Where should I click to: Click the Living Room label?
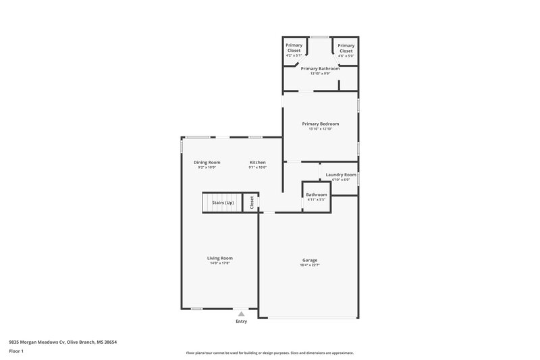(x=220, y=258)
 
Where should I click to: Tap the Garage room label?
(x=310, y=260)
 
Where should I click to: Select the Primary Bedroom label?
(x=320, y=124)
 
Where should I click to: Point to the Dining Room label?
(x=207, y=162)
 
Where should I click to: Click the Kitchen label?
(x=257, y=162)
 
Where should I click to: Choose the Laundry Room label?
(x=340, y=174)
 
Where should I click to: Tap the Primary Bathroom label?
(x=319, y=68)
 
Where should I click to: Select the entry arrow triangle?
(x=241, y=313)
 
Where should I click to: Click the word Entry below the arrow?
(x=241, y=322)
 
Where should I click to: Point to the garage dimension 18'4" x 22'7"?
(x=310, y=265)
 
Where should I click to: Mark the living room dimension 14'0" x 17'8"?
(x=220, y=263)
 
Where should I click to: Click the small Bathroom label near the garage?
(x=316, y=195)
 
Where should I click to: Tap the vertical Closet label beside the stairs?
(x=251, y=202)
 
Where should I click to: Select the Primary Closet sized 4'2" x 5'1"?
(x=293, y=48)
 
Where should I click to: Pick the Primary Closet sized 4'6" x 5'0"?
(x=346, y=48)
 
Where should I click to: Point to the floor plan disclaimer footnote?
(x=269, y=353)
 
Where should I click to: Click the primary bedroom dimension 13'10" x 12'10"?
(x=320, y=129)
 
